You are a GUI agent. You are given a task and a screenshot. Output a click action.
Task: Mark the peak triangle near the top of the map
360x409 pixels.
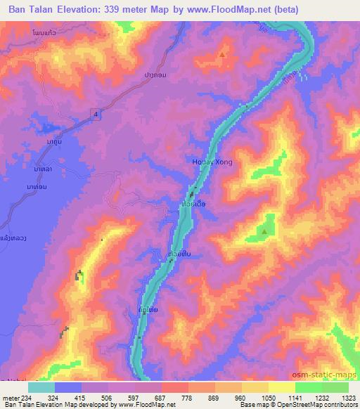coord(224,54)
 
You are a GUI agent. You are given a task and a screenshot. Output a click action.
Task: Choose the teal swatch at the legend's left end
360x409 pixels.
coord(41,387)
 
